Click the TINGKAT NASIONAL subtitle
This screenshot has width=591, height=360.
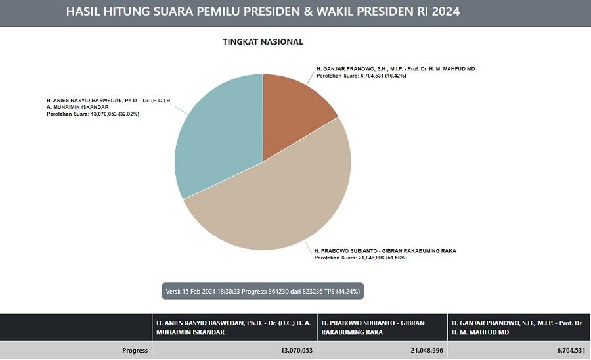[263, 42]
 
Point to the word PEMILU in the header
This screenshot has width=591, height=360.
[225, 12]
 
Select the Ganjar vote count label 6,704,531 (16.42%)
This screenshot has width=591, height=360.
[361, 76]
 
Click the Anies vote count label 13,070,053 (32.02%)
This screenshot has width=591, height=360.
[93, 114]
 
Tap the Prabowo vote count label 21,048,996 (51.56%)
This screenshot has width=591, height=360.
[361, 258]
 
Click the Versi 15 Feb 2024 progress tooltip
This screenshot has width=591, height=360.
[263, 290]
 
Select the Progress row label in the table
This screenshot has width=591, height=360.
[135, 351]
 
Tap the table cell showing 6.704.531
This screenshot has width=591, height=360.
[569, 351]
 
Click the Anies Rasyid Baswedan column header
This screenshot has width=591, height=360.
[233, 327]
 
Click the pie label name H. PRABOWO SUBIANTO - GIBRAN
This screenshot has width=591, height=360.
[385, 250]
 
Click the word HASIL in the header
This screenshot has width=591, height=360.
[86, 12]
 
